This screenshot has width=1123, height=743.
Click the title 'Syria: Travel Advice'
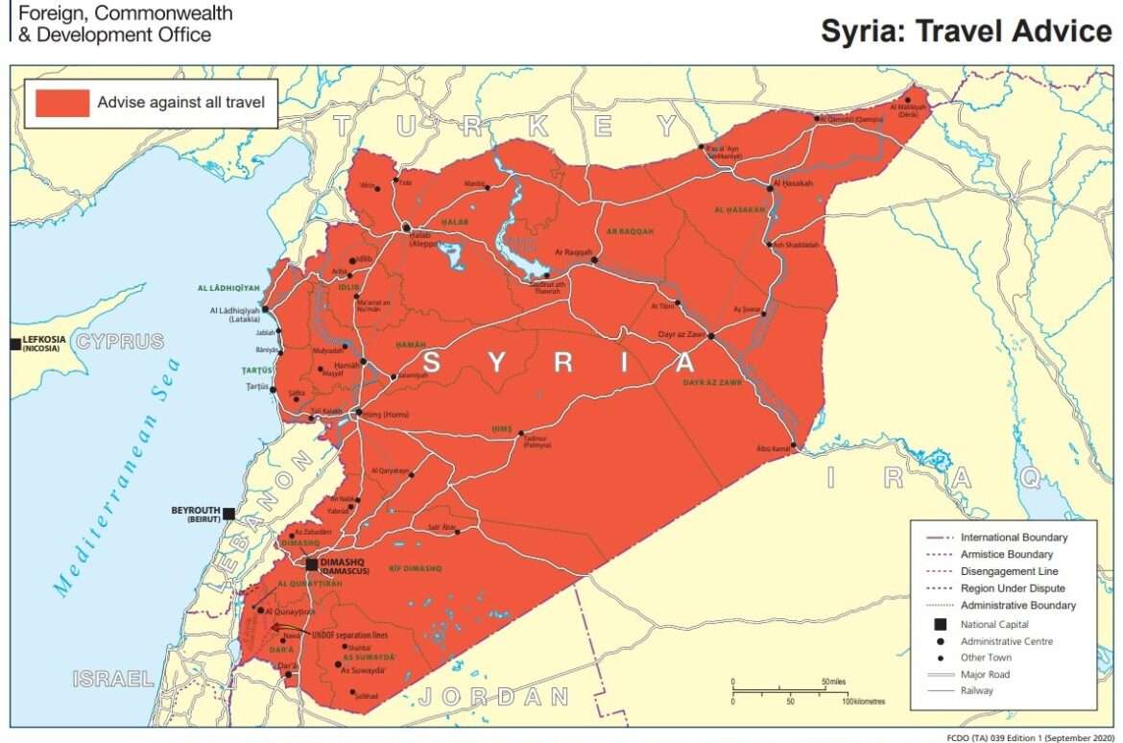tap(966, 31)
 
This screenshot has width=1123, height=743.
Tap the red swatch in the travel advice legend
tap(62, 102)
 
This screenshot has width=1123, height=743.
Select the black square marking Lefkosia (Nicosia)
tap(15, 344)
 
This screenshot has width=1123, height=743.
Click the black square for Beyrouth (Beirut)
tap(228, 514)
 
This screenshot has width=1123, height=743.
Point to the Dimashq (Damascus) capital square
tap(312, 563)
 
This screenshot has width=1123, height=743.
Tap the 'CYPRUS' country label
tap(120, 342)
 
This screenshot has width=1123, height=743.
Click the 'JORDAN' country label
tap(493, 696)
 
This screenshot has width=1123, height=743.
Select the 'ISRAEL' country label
tap(113, 679)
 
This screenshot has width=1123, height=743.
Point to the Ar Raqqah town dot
tap(594, 260)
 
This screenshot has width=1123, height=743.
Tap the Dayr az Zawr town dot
tap(711, 336)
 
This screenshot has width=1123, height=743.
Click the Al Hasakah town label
tap(793, 183)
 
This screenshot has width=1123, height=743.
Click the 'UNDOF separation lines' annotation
tap(350, 635)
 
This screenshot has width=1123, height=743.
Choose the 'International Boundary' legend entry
tap(1014, 538)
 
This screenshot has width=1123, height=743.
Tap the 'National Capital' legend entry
tap(993, 624)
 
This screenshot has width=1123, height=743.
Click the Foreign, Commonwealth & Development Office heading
tap(123, 24)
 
